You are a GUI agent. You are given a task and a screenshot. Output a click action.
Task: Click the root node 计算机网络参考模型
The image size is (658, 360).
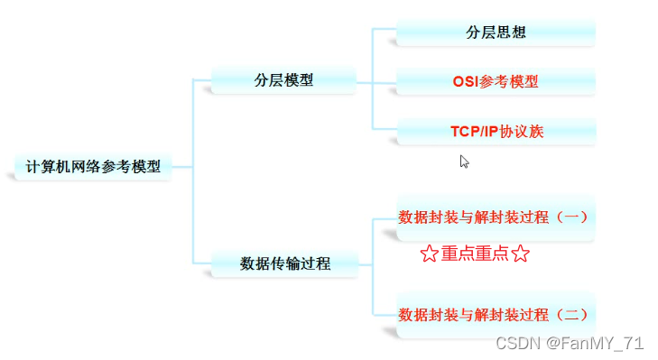(93, 167)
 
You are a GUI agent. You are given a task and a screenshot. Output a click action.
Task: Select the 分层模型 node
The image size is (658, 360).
(283, 79)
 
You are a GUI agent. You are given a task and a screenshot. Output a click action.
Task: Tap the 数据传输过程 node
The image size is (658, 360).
(284, 263)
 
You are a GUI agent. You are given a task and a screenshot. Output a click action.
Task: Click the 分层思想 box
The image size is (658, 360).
(496, 32)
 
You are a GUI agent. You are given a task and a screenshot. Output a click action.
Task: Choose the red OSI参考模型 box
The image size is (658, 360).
(496, 81)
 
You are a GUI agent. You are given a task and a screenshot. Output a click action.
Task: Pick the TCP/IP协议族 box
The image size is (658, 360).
(496, 131)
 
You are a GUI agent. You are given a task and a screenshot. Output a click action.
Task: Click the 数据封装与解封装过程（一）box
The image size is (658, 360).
(496, 217)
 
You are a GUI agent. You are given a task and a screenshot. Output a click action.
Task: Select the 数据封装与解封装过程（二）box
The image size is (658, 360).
(496, 315)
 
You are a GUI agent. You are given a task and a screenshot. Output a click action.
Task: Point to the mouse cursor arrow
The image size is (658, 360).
(464, 162)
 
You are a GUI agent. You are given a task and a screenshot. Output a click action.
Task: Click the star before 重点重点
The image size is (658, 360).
(429, 254)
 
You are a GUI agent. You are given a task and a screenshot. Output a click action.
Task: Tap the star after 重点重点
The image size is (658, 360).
(520, 254)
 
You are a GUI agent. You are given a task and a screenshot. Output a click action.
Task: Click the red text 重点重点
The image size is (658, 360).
(475, 254)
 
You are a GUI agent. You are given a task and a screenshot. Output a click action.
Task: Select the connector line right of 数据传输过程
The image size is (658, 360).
(365, 264)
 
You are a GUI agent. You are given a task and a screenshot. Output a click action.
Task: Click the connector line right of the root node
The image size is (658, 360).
(182, 167)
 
